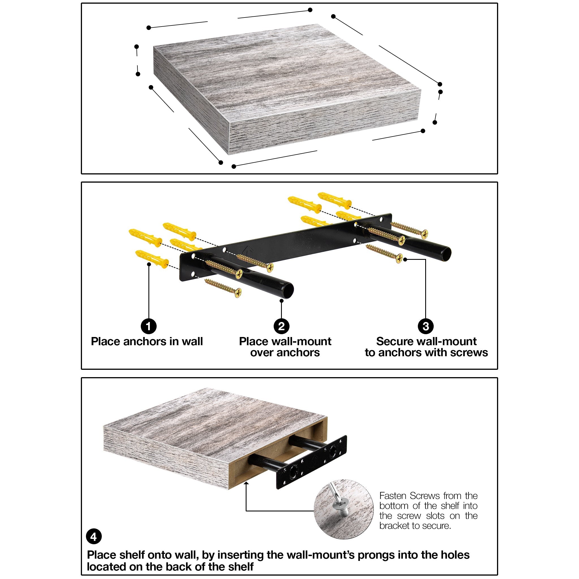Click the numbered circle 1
coord(149,326)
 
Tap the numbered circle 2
coord(281,326)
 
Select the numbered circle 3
coord(425,326)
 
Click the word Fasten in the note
coord(393,496)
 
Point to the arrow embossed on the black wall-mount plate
coord(248,249)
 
